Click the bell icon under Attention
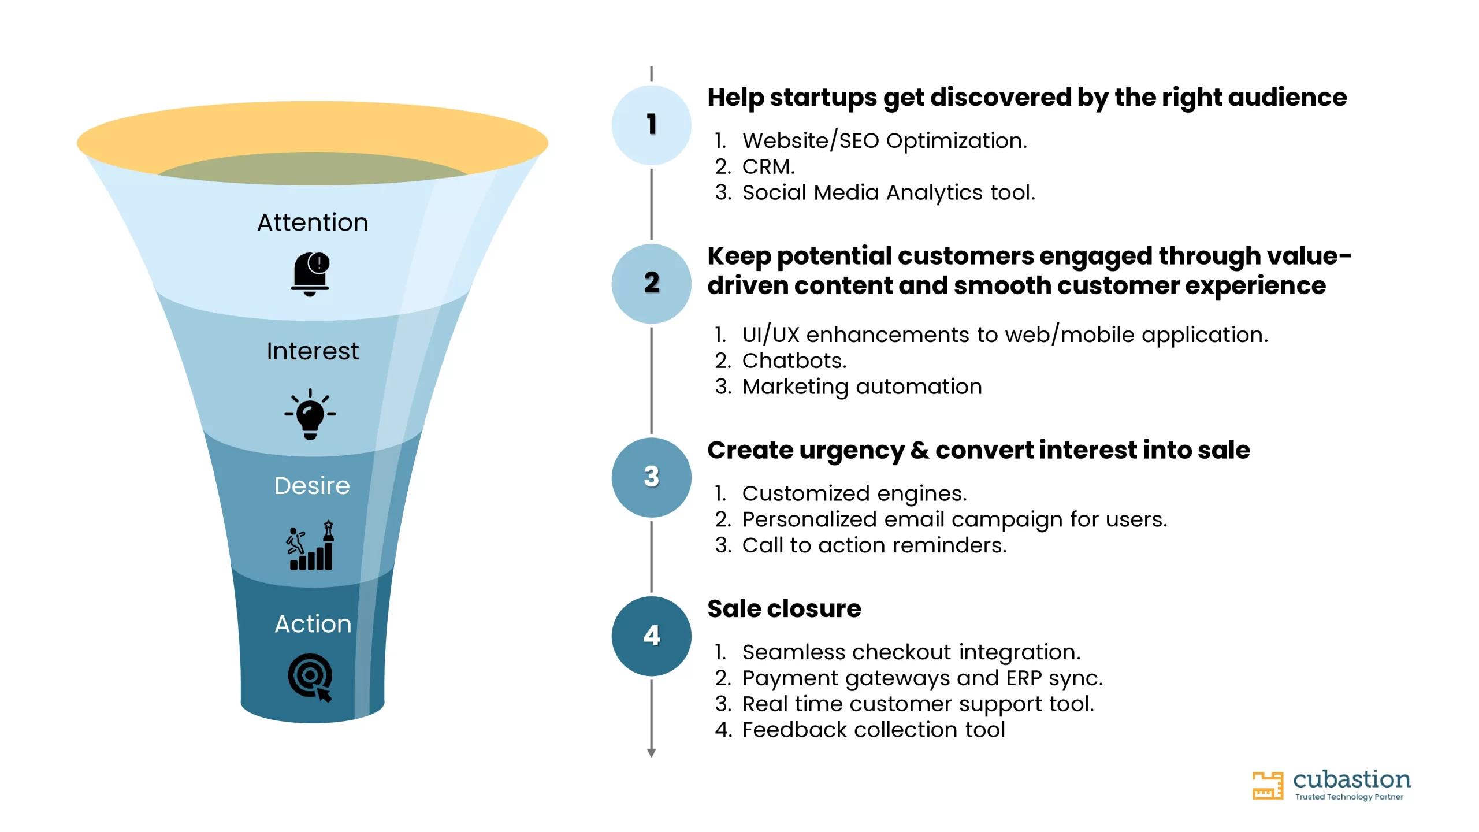point(310,274)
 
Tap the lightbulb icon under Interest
point(310,414)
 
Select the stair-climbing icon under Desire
point(310,545)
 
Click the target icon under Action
point(310,677)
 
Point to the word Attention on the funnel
point(313,222)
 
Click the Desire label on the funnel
point(312,486)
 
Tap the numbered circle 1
point(652,125)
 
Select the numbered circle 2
point(652,283)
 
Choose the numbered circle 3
point(652,477)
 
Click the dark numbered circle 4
point(652,636)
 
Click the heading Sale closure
point(784,608)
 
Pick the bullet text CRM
point(768,166)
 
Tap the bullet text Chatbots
point(794,361)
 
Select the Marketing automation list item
point(862,387)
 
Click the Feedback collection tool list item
point(874,730)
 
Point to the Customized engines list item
point(854,493)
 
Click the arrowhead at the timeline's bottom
point(652,753)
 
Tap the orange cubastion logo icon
point(1268,786)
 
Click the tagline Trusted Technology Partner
point(1349,797)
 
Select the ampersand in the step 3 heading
point(920,450)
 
